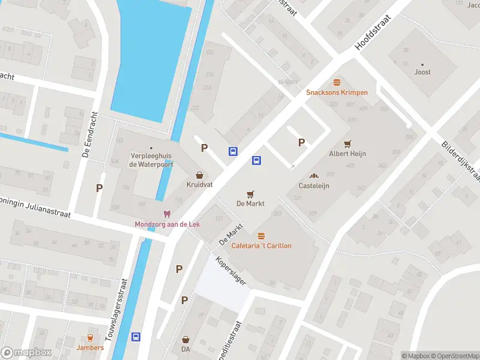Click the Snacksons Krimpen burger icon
pyautogui.click(x=337, y=82)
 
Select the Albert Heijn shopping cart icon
pyautogui.click(x=347, y=143)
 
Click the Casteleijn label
pyautogui.click(x=314, y=185)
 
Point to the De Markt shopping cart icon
pyautogui.click(x=251, y=194)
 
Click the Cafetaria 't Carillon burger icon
pyautogui.click(x=261, y=236)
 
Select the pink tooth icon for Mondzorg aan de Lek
pyautogui.click(x=167, y=214)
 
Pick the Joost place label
pyautogui.click(x=422, y=72)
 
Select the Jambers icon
pyautogui.click(x=90, y=337)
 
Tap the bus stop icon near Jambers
pyautogui.click(x=136, y=337)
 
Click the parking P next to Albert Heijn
pyautogui.click(x=302, y=142)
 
